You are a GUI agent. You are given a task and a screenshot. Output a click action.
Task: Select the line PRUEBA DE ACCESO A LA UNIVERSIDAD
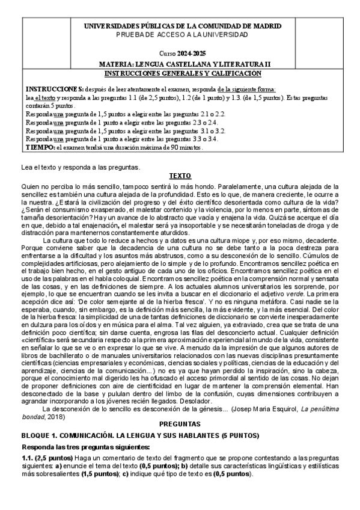pos(183,34)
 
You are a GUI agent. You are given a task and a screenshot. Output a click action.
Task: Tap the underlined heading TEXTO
pos(180,176)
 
